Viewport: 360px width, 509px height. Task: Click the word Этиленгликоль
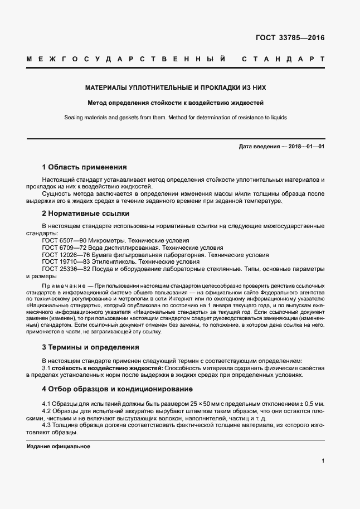[x=111, y=261]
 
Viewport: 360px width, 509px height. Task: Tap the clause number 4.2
[x=47, y=410]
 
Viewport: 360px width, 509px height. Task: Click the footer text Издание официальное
[x=59, y=447]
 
